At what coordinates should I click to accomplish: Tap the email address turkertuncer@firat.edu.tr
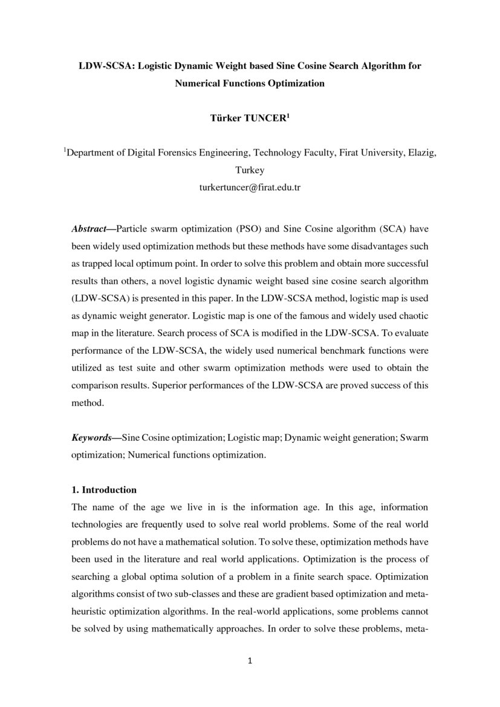point(250,187)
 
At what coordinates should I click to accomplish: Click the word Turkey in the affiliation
point(250,171)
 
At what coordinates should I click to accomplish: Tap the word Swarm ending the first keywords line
point(414,437)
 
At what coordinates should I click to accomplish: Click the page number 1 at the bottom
point(250,661)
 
